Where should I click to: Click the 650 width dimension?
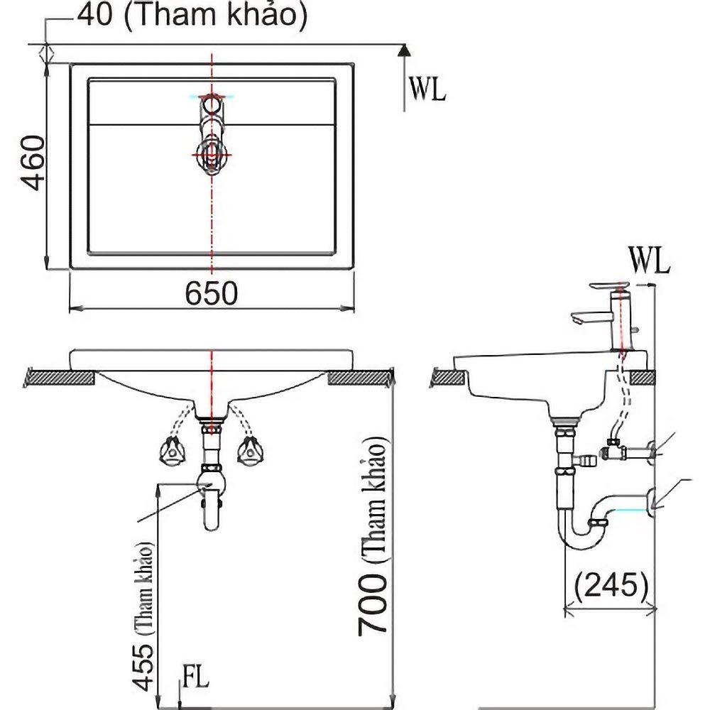pos(211,293)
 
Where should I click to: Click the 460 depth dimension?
pos(34,163)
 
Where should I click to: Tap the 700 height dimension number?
pos(372,605)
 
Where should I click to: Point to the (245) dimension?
pos(611,585)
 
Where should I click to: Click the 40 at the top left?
pos(95,14)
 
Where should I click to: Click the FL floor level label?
pos(196,677)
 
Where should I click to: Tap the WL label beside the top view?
pos(427,89)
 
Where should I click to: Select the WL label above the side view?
pos(649,261)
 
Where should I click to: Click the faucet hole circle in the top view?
pos(211,105)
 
